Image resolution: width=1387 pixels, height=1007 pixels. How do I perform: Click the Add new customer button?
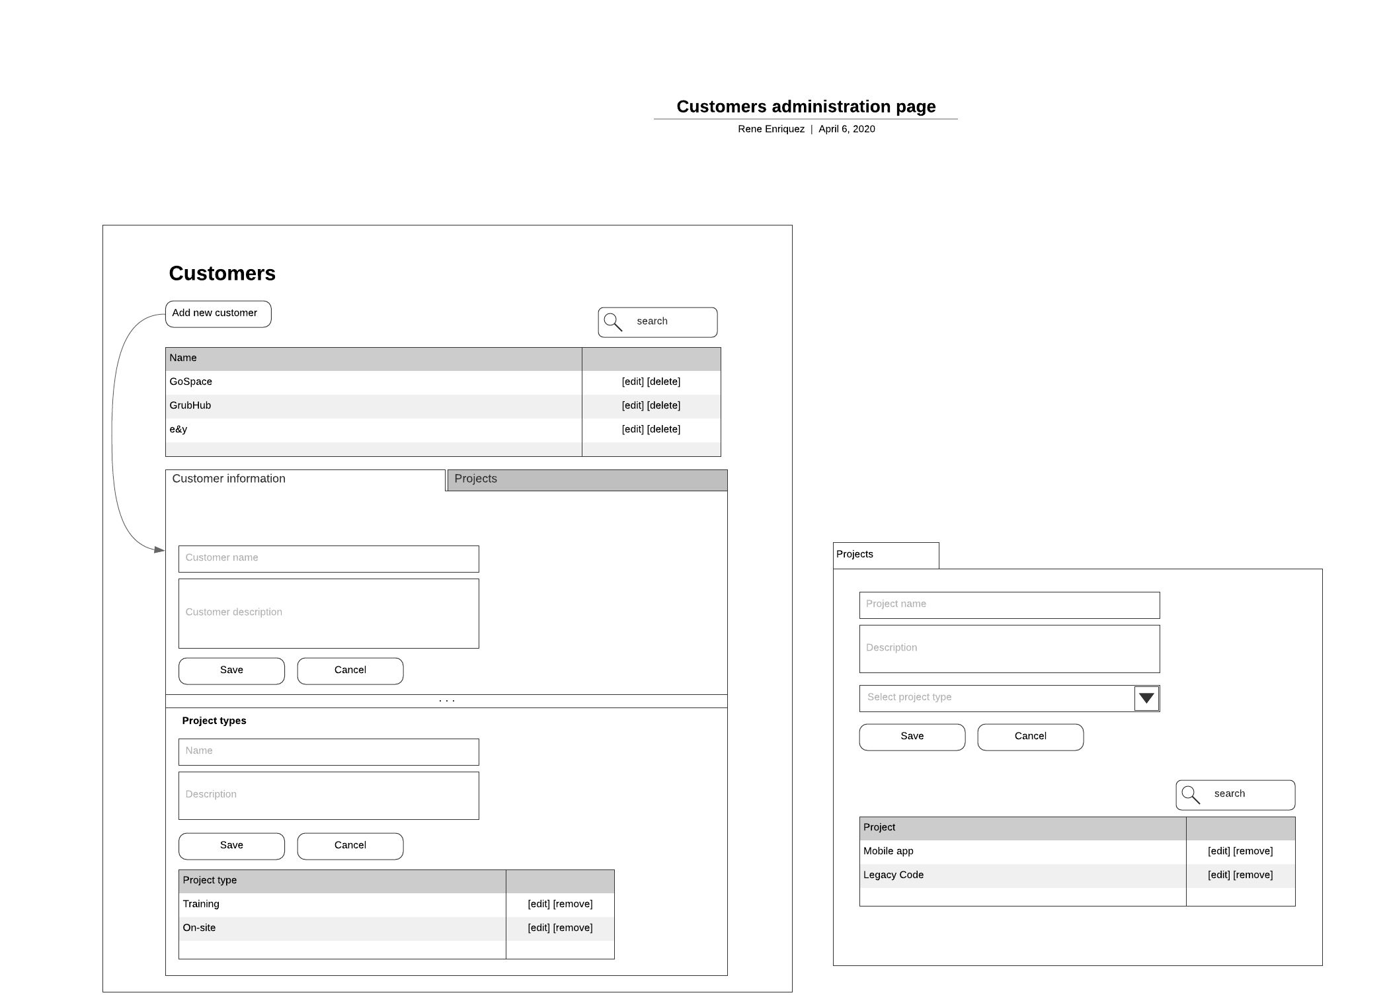tap(218, 313)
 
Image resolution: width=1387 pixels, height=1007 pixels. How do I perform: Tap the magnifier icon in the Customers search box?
tap(613, 322)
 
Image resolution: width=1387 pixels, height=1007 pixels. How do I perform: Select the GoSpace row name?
tap(191, 382)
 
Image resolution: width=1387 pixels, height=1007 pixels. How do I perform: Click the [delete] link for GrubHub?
tap(664, 405)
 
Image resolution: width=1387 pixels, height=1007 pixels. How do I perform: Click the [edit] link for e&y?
tap(633, 429)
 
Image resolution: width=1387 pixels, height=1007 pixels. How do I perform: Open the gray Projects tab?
tap(586, 479)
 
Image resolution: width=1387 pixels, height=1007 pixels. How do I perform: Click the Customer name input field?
tap(329, 559)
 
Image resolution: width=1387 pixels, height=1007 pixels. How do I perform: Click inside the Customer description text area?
tap(329, 613)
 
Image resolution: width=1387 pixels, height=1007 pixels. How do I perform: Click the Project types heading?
tap(214, 721)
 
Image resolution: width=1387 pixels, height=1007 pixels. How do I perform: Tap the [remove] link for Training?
tap(573, 904)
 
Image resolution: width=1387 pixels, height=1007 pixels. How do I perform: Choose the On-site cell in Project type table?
tap(200, 928)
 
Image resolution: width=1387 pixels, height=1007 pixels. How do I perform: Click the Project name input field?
tap(1009, 605)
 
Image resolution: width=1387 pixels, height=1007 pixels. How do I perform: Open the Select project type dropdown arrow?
tap(1146, 698)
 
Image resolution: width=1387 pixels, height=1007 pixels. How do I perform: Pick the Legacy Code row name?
tap(893, 875)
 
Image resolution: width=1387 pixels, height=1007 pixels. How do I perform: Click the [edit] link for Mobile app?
tap(1218, 851)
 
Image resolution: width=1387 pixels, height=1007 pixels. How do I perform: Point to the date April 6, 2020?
tap(846, 129)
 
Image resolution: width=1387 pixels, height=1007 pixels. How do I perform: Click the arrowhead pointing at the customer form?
tap(159, 549)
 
